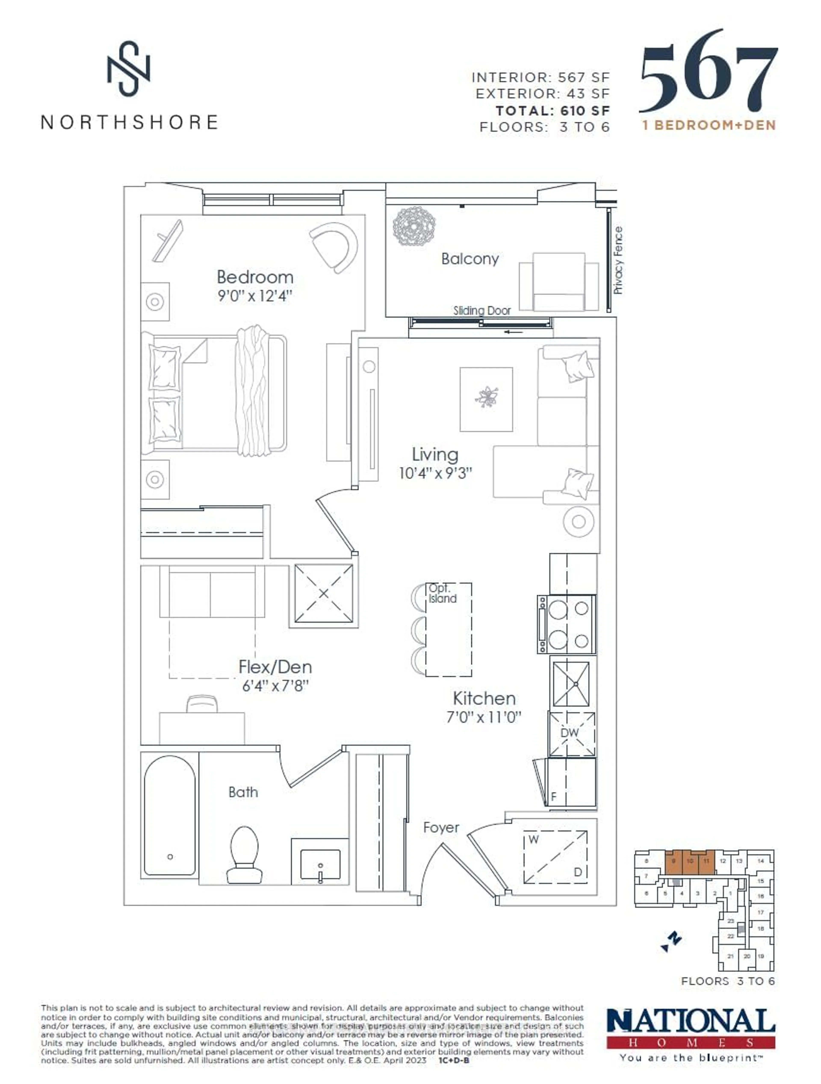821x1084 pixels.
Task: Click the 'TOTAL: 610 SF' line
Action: click(552, 111)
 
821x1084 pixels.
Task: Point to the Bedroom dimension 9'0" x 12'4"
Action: click(255, 296)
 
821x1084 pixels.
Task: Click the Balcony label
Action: click(470, 259)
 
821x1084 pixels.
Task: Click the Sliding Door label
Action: click(482, 310)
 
